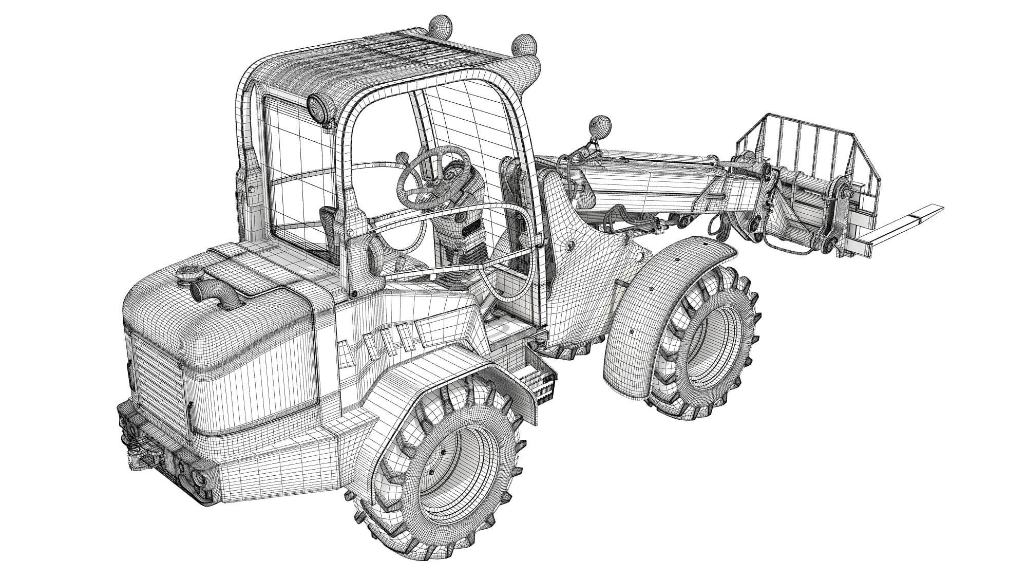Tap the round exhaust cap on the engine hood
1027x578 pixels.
click(191, 273)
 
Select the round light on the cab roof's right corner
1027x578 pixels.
click(524, 45)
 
